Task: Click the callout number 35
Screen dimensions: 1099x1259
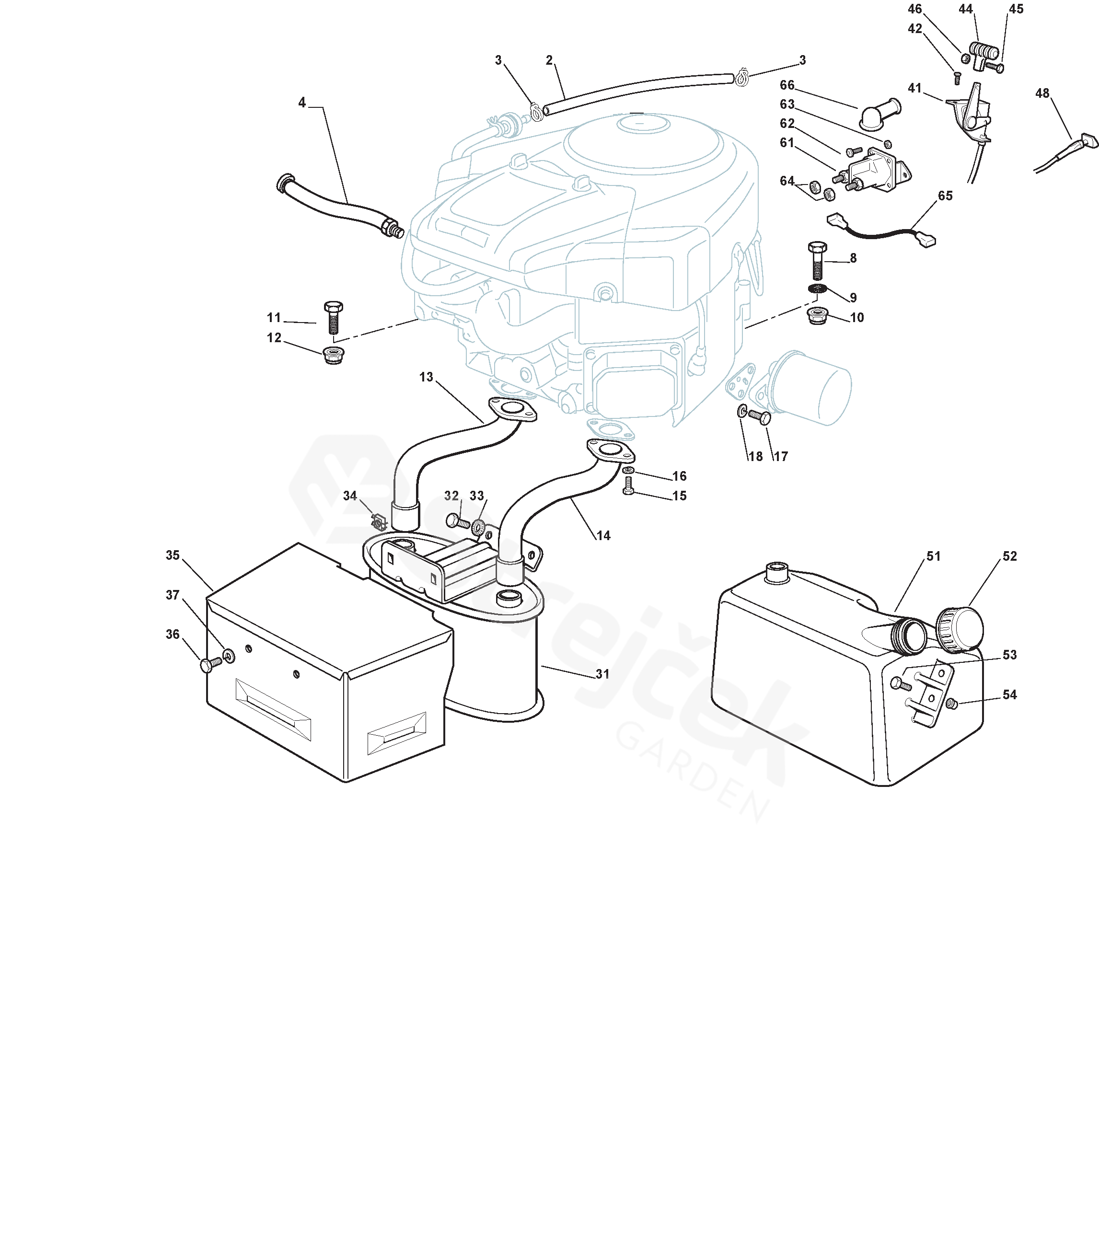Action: point(173,555)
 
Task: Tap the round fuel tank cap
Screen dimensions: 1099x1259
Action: point(960,629)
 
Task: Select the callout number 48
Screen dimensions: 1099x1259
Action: point(1042,93)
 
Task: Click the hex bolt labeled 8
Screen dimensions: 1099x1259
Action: point(818,261)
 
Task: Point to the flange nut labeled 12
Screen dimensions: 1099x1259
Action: point(333,355)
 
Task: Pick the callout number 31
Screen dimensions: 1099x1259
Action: point(603,674)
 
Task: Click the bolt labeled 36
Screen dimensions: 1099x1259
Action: point(210,664)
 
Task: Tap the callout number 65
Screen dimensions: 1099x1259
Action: point(945,196)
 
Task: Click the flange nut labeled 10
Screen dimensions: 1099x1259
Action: point(818,316)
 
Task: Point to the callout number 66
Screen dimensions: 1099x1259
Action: point(787,85)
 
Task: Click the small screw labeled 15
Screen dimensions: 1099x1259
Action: point(627,485)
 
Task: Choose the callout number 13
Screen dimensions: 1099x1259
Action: point(426,377)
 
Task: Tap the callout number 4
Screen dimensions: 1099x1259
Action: point(302,103)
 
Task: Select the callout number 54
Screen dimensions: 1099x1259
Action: point(1009,695)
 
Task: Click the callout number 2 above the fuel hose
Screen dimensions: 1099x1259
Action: point(549,60)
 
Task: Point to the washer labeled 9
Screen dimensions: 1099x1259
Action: point(818,289)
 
